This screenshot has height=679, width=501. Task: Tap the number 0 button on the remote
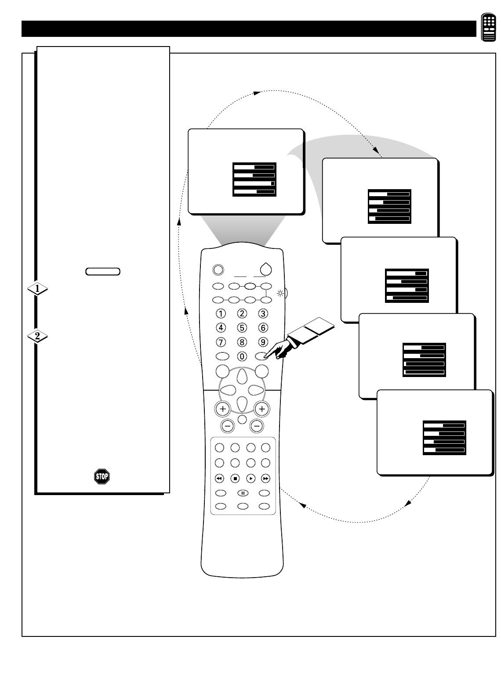(242, 356)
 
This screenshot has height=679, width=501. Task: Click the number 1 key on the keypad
(221, 313)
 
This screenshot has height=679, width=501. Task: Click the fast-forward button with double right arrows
(265, 478)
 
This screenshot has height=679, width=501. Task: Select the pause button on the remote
(243, 493)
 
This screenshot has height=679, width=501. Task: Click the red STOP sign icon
(102, 476)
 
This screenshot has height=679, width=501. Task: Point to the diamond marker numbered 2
(37, 337)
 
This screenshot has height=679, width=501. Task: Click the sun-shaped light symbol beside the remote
(279, 293)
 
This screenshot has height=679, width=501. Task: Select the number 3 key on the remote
(263, 313)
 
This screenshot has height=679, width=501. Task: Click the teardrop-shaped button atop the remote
(266, 269)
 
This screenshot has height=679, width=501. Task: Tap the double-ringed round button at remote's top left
(217, 269)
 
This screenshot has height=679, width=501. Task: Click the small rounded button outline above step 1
(103, 271)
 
